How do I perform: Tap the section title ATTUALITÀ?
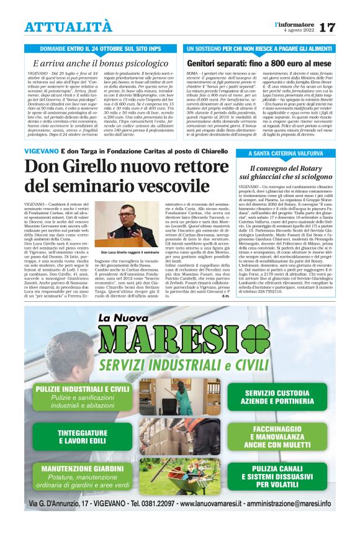(x=68, y=27)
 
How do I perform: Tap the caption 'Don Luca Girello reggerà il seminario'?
(x=130, y=253)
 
